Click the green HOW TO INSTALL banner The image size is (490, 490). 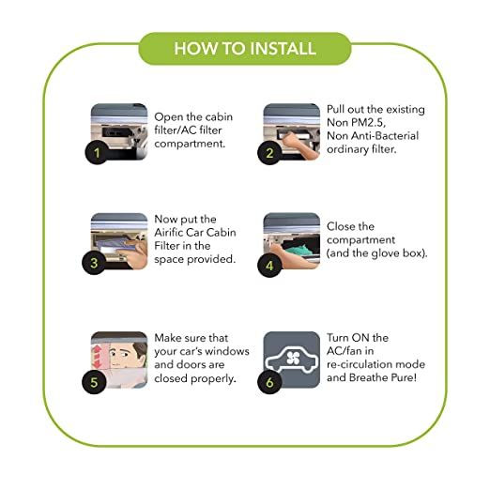(245, 49)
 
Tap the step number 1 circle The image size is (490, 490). (97, 153)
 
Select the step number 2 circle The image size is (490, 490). (269, 153)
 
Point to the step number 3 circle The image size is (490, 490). (94, 263)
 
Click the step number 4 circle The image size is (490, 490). (269, 266)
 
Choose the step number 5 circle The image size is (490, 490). (94, 382)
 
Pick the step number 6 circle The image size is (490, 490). (269, 382)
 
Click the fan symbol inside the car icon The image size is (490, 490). (293, 358)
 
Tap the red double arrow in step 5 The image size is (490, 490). (97, 357)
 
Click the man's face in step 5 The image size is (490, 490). (124, 355)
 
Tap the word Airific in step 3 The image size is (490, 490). (169, 233)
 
